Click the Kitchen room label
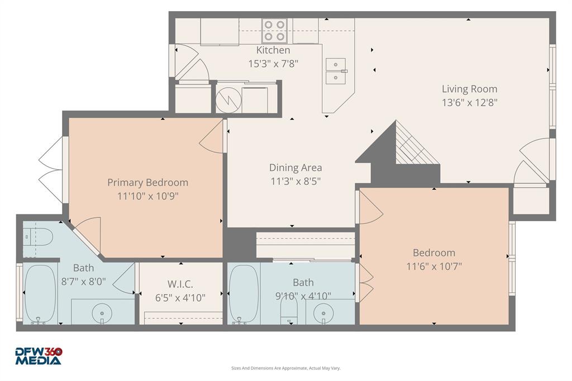coord(273,50)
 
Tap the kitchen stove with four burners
coord(274,31)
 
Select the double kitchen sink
coord(336,71)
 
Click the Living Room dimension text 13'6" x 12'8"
coord(469,102)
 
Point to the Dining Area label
coord(295,168)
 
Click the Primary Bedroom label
coord(147,183)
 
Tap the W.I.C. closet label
coord(180,284)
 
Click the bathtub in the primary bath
coord(40,293)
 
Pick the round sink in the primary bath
coord(102,311)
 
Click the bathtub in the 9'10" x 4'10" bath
coord(244,293)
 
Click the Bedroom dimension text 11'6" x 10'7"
coord(433,266)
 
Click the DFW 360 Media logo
coord(38,356)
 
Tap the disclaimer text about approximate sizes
coord(285,368)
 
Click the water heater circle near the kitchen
coord(229,99)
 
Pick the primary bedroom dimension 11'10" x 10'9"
coord(147,196)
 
